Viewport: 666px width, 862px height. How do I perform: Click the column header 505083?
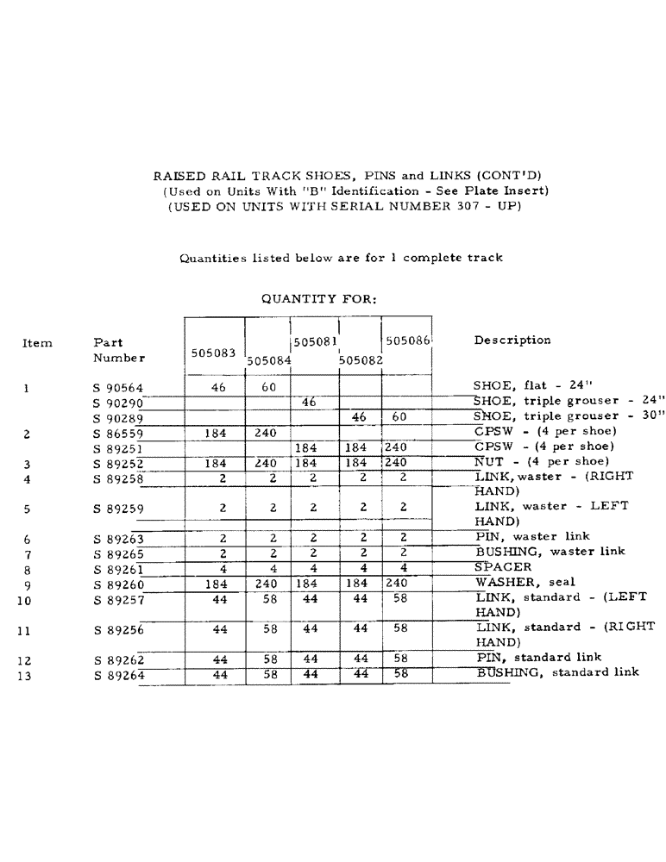click(x=212, y=353)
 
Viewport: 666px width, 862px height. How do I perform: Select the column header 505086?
click(x=407, y=340)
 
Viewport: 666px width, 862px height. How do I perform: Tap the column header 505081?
click(x=314, y=341)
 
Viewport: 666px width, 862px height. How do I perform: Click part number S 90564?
click(x=118, y=389)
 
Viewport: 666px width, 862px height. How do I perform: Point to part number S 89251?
click(x=118, y=449)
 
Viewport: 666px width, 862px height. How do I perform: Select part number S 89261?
click(x=118, y=570)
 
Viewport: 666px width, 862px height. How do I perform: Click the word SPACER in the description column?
click(x=504, y=568)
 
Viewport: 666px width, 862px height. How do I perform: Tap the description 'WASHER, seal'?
click(x=525, y=583)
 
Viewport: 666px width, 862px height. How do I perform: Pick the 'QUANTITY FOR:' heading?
click(x=318, y=299)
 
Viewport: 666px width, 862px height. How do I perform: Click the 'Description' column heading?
click(x=512, y=340)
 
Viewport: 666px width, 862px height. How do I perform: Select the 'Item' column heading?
click(x=37, y=343)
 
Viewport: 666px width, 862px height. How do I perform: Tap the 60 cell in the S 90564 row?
click(x=268, y=388)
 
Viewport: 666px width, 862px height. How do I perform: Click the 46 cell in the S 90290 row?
click(x=309, y=403)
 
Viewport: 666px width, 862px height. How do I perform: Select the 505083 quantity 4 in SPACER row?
click(x=223, y=568)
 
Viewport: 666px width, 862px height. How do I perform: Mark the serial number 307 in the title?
click(x=463, y=206)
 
